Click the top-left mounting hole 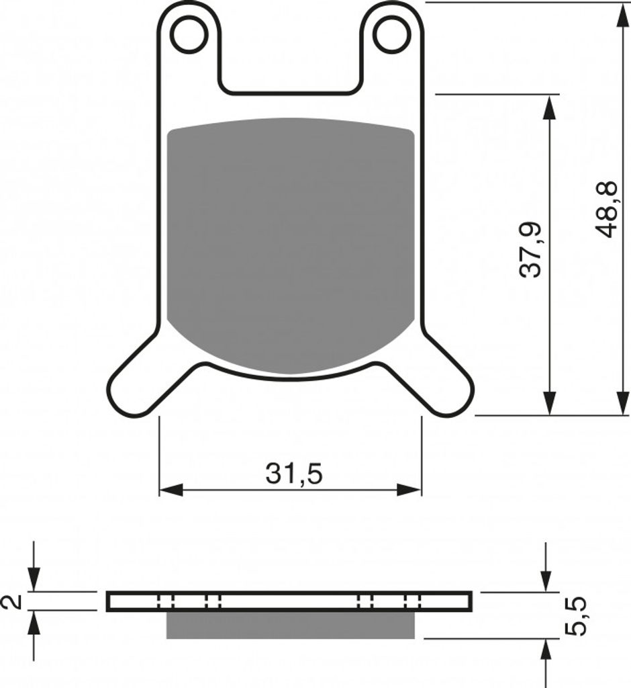click(x=190, y=35)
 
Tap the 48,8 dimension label click(x=608, y=209)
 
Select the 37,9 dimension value click(x=531, y=250)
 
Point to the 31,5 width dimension click(x=294, y=474)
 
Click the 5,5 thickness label click(x=576, y=615)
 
